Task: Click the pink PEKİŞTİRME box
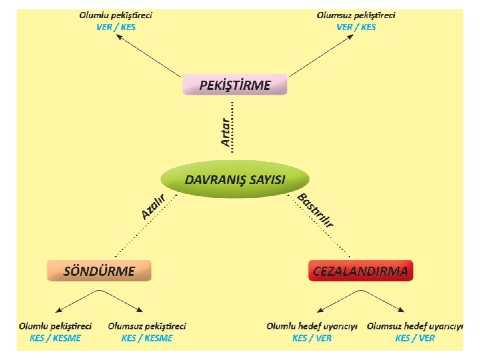click(x=235, y=85)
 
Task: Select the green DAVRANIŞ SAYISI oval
click(x=235, y=180)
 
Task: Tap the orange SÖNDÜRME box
click(x=99, y=271)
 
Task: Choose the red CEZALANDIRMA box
click(x=361, y=271)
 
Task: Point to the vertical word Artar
click(x=226, y=129)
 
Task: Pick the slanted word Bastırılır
click(x=315, y=210)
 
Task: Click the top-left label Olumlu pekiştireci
click(x=115, y=15)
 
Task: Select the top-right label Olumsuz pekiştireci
click(x=356, y=15)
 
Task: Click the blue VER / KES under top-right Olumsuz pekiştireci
click(x=356, y=27)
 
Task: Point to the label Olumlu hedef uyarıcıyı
click(x=313, y=326)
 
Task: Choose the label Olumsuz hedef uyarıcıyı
click(x=415, y=326)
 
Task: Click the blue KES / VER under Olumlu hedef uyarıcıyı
click(x=312, y=338)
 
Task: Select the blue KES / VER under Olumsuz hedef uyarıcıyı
click(x=415, y=338)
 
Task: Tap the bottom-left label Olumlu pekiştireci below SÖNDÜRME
click(x=55, y=326)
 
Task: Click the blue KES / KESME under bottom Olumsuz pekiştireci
click(x=147, y=338)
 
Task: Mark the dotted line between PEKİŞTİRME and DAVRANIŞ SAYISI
click(x=233, y=127)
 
